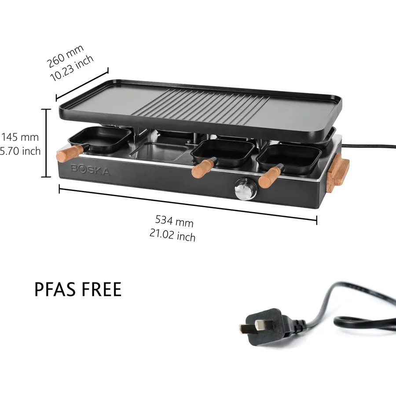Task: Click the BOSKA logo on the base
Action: (91, 170)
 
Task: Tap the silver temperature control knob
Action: (246, 189)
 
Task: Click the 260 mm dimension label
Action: (65, 56)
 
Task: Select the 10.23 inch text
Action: (72, 68)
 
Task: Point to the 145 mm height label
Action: (20, 137)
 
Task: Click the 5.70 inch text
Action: (20, 151)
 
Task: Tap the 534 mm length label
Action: (174, 221)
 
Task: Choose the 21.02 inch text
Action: (172, 235)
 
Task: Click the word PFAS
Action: (56, 290)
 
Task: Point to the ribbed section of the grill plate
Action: (201, 106)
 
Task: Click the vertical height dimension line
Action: (46, 143)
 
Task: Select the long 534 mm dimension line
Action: (188, 203)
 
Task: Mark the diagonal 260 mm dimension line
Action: (82, 84)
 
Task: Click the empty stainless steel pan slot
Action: (159, 151)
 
